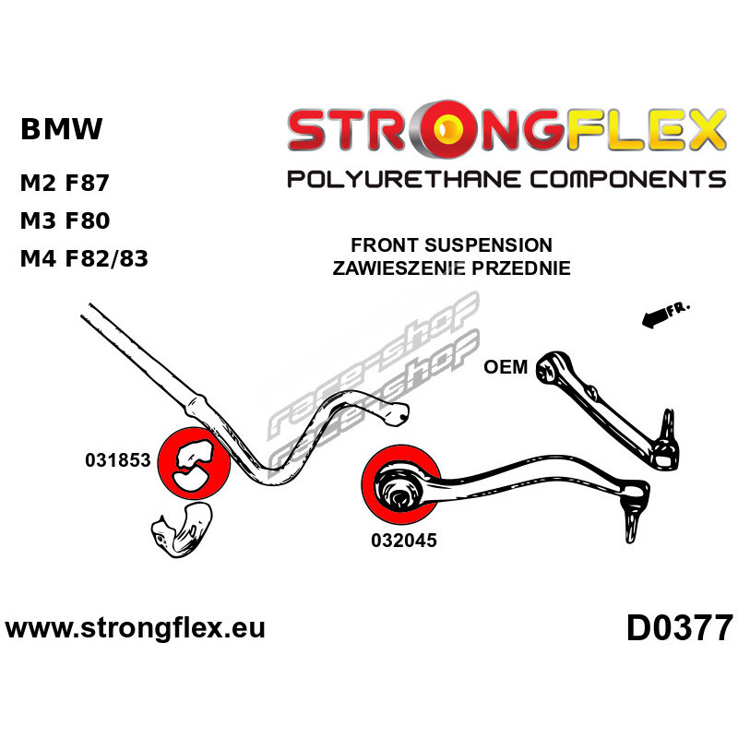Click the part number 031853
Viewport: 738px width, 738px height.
(x=118, y=459)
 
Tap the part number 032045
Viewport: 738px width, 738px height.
(x=404, y=540)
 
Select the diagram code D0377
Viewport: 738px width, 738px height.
(x=680, y=628)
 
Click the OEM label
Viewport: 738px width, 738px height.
(x=506, y=366)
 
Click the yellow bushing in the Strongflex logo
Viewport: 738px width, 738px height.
(x=449, y=127)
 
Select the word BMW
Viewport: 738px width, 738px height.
(x=61, y=128)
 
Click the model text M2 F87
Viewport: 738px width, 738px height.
(x=65, y=183)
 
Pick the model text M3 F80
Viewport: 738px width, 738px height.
(x=65, y=220)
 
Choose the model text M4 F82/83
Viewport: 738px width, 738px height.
(x=84, y=258)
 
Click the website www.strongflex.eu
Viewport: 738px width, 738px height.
(x=135, y=628)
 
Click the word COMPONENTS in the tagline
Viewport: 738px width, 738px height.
(x=628, y=179)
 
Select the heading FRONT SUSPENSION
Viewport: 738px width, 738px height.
(x=451, y=244)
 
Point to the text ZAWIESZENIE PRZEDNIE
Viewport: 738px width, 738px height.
(x=451, y=268)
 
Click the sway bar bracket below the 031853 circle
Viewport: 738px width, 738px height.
(x=182, y=530)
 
